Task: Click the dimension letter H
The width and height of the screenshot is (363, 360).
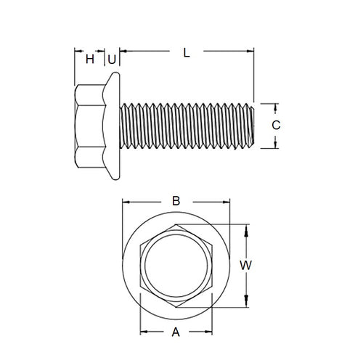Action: pos(90,59)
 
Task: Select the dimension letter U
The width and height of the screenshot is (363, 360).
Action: pos(113,59)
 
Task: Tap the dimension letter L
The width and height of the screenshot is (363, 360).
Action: pos(187,52)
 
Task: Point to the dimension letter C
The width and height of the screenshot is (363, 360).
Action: pos(276,125)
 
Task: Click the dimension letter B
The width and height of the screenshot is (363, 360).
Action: pos(175,201)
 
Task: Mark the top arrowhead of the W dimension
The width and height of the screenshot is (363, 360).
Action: pos(248,229)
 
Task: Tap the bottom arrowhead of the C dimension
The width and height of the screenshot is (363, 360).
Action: pos(276,145)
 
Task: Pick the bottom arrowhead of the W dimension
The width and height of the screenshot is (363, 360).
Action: pos(248,303)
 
